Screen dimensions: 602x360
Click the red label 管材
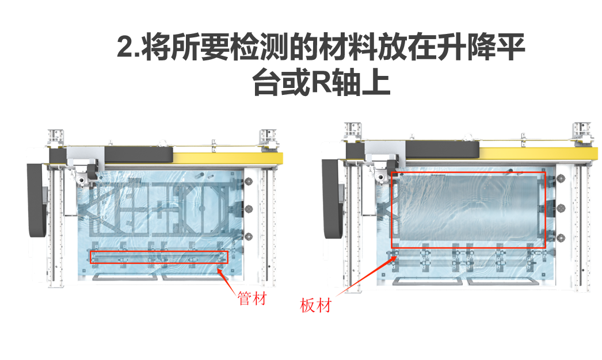[252, 298]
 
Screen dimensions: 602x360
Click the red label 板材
[315, 305]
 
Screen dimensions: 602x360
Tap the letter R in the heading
[321, 82]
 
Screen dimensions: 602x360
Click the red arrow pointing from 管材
[227, 281]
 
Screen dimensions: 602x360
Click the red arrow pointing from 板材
[367, 277]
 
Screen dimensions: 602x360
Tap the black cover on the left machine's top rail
[139, 155]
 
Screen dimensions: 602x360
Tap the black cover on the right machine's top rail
[442, 150]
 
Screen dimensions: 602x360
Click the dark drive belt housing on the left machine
[37, 200]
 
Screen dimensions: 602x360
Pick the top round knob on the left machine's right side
[249, 181]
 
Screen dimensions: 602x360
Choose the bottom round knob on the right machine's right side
[561, 238]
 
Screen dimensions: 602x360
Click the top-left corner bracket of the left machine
[56, 139]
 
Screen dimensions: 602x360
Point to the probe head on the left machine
[82, 179]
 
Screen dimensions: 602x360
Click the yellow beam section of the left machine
[228, 158]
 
